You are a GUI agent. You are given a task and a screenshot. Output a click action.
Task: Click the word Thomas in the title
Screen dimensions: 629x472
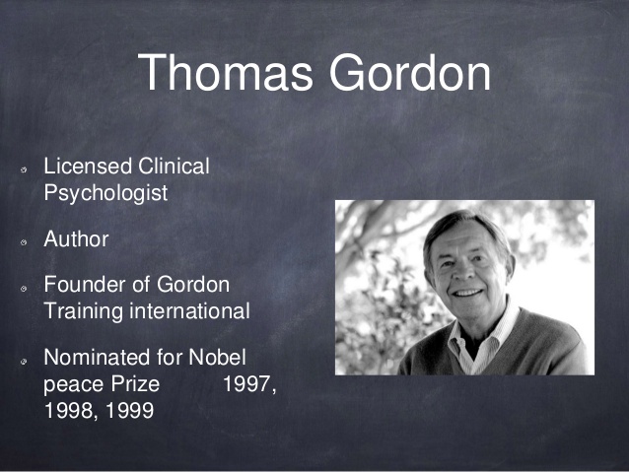[225, 73]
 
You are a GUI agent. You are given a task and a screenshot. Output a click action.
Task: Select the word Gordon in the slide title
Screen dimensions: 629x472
[410, 73]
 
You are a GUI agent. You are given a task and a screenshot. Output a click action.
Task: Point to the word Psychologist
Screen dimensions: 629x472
[105, 194]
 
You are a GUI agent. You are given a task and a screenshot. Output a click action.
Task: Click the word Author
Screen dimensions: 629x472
[76, 239]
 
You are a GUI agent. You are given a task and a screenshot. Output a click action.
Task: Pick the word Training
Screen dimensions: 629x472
[84, 312]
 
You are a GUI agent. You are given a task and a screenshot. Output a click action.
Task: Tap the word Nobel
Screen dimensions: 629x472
[217, 357]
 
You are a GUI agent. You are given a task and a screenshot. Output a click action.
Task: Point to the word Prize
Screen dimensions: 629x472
[136, 383]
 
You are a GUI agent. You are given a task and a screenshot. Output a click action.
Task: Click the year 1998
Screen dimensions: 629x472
[68, 411]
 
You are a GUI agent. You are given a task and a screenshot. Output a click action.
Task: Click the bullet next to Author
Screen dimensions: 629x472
[24, 242]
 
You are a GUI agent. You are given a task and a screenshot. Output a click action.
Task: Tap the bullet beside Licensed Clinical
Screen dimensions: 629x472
[24, 169]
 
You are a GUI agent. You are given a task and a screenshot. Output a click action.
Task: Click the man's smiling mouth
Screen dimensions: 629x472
[468, 293]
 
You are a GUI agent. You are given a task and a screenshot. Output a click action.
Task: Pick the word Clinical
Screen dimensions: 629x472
[174, 166]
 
